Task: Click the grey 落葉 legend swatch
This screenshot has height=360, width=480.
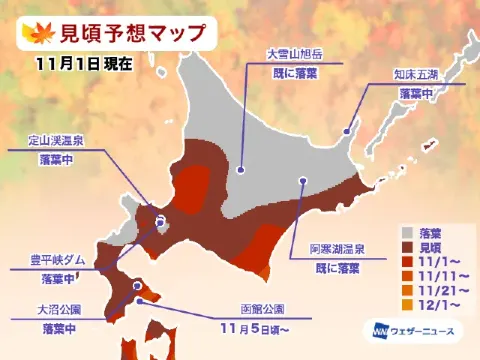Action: (406, 228)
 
